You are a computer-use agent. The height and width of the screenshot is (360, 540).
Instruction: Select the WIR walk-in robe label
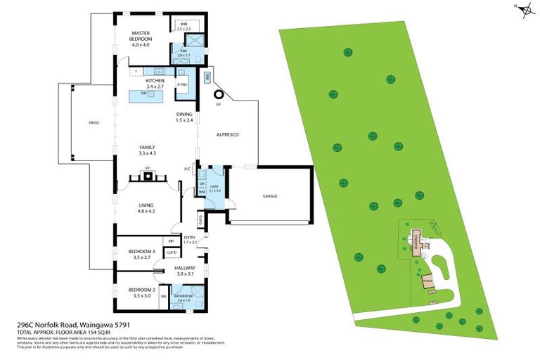point(184,26)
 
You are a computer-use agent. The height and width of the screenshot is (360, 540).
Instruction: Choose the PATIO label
point(94,123)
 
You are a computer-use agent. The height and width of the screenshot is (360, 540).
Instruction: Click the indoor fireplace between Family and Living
point(148,176)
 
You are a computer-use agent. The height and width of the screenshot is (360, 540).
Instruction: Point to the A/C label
point(187,169)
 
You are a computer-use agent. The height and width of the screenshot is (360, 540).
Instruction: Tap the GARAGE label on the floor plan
point(270,196)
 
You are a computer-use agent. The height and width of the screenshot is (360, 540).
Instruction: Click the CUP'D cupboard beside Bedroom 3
point(170,252)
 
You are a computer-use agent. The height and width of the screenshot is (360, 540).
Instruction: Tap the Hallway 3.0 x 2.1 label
point(183,271)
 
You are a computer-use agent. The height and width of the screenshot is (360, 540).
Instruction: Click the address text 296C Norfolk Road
point(63,324)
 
